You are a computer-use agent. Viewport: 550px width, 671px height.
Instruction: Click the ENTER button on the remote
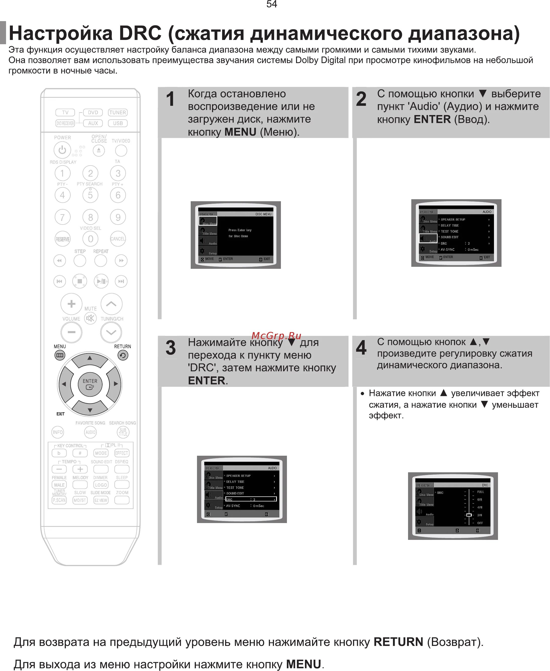tap(90, 384)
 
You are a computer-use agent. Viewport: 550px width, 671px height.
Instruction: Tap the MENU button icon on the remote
tap(60, 355)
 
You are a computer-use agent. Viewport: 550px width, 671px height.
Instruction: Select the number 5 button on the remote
tap(90, 195)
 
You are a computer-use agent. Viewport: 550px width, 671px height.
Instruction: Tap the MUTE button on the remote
tap(90, 318)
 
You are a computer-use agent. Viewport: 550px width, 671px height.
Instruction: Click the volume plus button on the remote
tap(71, 304)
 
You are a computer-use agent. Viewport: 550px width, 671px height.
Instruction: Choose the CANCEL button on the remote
tap(118, 239)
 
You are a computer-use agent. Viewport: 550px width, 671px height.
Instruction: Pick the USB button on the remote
tap(118, 123)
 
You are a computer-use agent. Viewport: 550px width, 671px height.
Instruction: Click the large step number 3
tap(170, 348)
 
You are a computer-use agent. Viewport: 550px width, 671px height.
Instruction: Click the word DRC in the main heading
tap(140, 33)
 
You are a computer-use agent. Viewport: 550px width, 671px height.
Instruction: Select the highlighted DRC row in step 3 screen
tap(251, 499)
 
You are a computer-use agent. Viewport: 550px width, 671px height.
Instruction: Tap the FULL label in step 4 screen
tap(480, 492)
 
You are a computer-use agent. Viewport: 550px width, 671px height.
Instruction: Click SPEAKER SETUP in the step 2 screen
tap(453, 219)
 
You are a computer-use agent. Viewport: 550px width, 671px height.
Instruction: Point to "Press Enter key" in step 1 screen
tap(240, 230)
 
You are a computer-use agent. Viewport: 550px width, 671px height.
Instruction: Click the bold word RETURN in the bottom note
tap(398, 642)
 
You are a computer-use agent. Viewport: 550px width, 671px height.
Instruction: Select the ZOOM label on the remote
tap(122, 493)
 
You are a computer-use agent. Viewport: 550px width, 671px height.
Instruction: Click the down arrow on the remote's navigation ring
tap(90, 410)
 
